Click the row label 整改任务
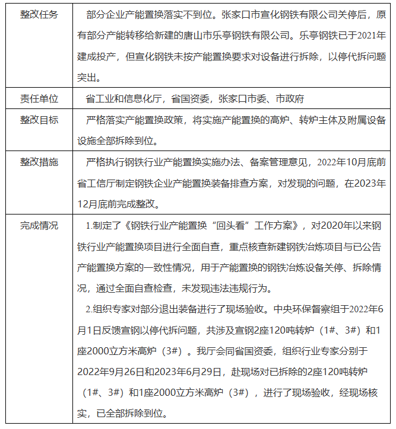click(39, 14)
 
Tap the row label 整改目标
click(39, 120)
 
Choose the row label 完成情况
click(39, 225)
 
